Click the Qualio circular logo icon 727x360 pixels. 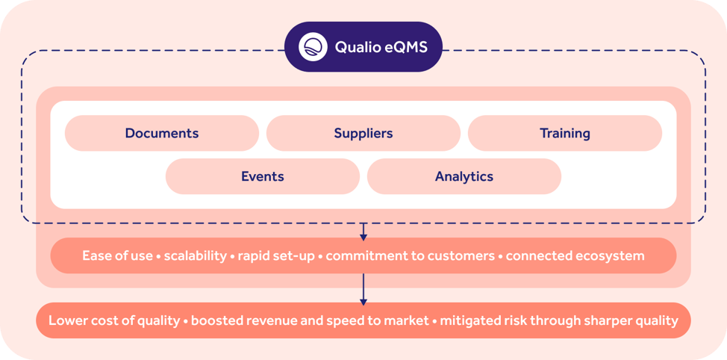pos(313,47)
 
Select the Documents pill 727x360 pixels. pos(162,134)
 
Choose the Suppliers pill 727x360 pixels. pos(363,134)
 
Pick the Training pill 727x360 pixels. pos(565,134)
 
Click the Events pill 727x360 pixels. pos(263,177)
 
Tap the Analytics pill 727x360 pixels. pos(464,177)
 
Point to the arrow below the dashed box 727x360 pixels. pos(363,232)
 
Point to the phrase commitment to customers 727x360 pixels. pos(411,255)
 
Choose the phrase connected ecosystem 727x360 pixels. pos(575,255)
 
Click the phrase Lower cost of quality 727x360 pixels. pos(114,320)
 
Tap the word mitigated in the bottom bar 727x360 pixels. pos(469,320)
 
